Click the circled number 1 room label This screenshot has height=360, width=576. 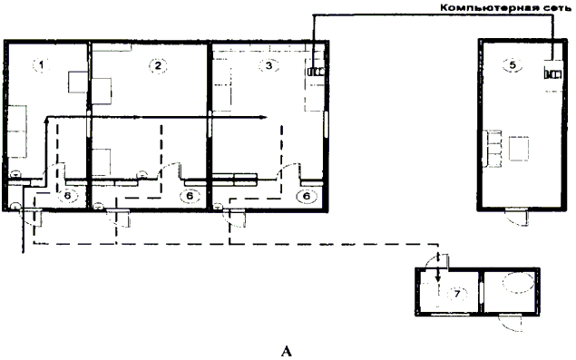(x=42, y=65)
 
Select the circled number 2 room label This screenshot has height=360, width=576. (x=158, y=66)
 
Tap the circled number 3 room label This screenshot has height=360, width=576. (x=268, y=65)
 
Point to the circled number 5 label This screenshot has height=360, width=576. (x=513, y=65)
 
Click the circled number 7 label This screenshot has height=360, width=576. (x=457, y=294)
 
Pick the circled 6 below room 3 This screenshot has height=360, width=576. (x=307, y=197)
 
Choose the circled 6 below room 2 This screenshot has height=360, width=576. (x=190, y=196)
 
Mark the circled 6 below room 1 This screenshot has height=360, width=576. (x=68, y=196)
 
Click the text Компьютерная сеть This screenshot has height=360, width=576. (x=505, y=7)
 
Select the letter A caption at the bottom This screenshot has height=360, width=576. (x=287, y=351)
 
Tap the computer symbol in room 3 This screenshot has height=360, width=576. (x=316, y=72)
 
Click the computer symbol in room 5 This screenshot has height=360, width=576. (x=552, y=73)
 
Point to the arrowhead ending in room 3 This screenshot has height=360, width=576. (x=262, y=118)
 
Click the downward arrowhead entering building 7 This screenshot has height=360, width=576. (x=437, y=278)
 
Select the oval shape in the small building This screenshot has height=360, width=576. (x=518, y=282)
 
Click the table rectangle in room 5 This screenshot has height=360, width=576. (x=519, y=149)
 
